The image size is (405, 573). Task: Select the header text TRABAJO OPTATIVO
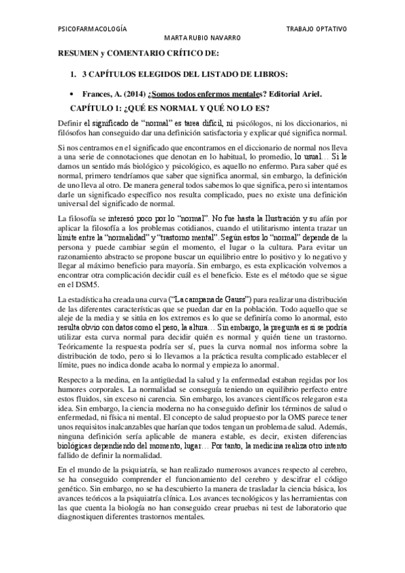tap(316, 30)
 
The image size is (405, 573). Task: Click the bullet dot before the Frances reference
tap(72, 93)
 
